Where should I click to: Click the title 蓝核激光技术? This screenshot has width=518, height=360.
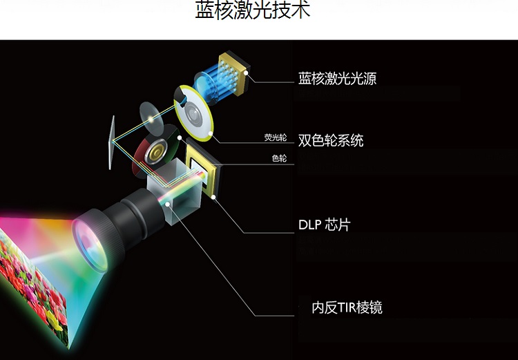tap(252, 12)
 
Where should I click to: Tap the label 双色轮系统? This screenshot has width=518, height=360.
tap(330, 140)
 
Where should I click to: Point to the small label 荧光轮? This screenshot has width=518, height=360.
tap(275, 138)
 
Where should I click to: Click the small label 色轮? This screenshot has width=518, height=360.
tap(279, 159)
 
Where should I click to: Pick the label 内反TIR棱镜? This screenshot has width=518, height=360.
tap(347, 307)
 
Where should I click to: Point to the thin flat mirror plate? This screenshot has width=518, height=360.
tap(111, 142)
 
